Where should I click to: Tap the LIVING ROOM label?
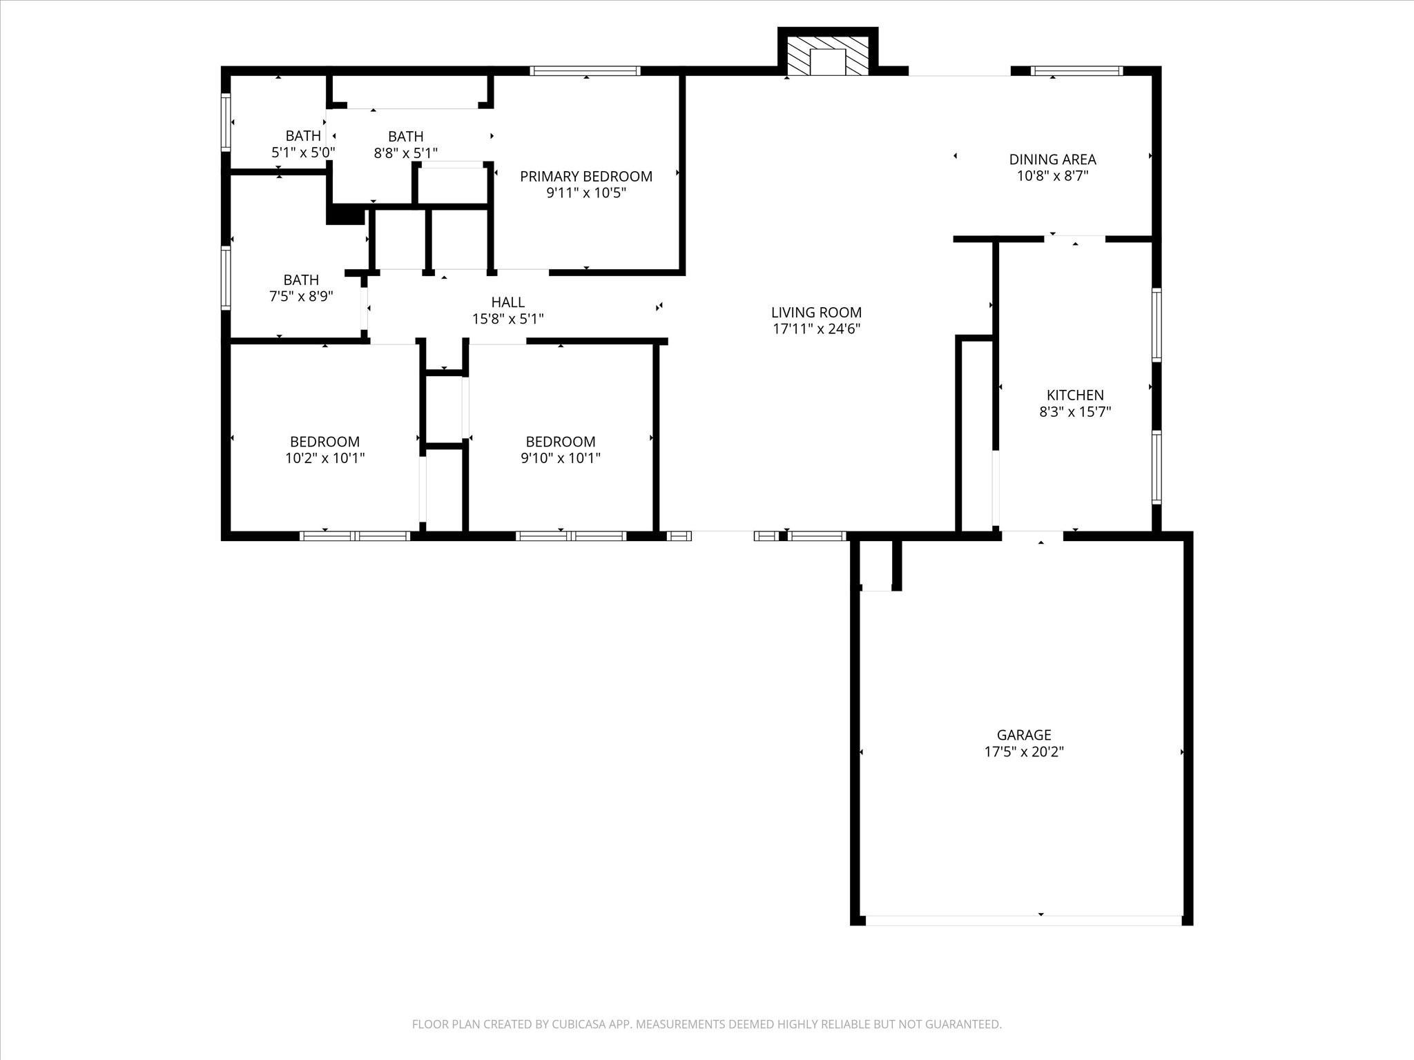coord(816,313)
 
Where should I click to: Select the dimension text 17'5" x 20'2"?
coord(1024,752)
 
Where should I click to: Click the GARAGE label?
coord(1024,735)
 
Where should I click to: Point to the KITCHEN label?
coord(1075,395)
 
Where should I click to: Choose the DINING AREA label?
coord(1052,159)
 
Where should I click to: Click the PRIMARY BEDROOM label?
coord(586,177)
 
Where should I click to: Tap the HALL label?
coord(507,302)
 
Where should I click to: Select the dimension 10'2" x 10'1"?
coord(325,458)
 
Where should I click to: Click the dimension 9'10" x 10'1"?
coord(561,458)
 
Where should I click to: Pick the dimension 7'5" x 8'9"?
coord(301,297)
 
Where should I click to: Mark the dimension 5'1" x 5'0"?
coord(303,153)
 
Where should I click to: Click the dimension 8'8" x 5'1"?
coord(406,153)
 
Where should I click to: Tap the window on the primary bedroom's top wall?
coord(585,70)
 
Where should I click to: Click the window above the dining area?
coord(1076,70)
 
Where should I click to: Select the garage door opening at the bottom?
coord(1023,920)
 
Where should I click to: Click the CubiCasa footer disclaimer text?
coord(706,1025)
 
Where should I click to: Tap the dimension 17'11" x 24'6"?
coord(816,330)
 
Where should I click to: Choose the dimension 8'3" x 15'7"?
coord(1075,413)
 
